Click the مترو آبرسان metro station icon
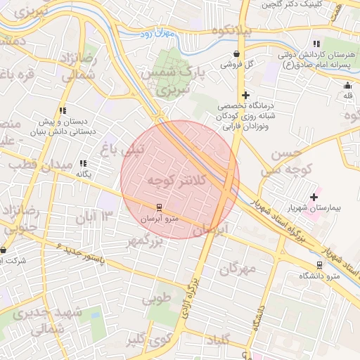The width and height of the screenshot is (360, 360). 159,207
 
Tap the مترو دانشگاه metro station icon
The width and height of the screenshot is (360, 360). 320,265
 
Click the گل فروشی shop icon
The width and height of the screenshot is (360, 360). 236,53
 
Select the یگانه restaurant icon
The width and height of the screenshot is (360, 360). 83,163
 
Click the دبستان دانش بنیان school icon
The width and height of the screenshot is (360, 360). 63,110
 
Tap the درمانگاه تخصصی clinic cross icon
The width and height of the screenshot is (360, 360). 245,95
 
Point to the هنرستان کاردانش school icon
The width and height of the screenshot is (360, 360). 316,44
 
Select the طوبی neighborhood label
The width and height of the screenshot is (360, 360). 157,297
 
